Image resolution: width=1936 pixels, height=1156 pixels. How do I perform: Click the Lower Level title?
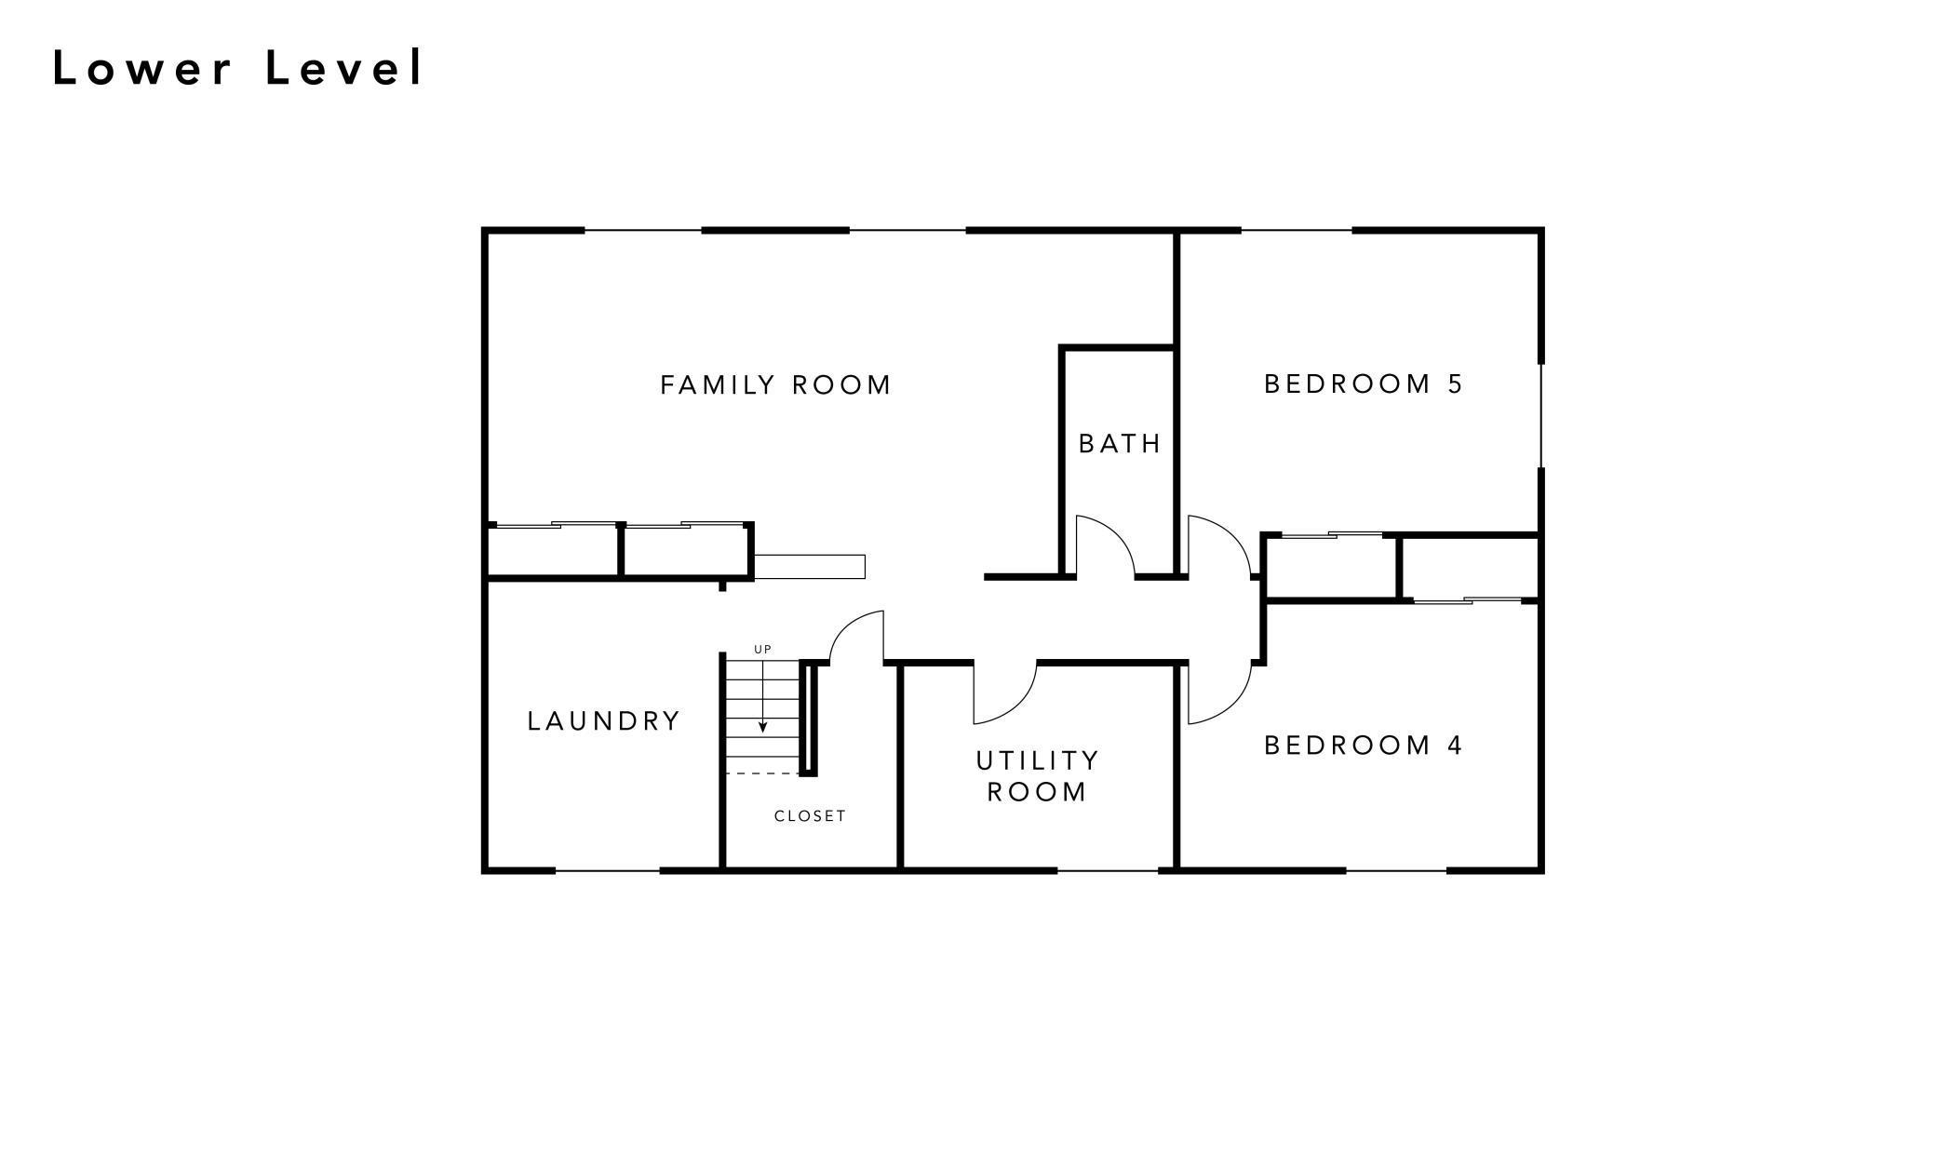tap(238, 69)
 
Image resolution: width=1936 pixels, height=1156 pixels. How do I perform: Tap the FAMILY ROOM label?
tap(775, 385)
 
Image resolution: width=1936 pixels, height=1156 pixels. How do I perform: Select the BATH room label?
tap(1120, 444)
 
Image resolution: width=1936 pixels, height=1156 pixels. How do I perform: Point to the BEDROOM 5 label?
tap(1364, 383)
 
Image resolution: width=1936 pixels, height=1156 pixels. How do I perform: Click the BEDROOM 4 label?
tap(1364, 745)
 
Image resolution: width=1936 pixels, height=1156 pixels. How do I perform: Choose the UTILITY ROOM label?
tap(1038, 776)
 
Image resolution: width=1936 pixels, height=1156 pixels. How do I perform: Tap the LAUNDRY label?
tap(604, 721)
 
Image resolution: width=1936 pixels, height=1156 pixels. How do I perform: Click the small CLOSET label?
tap(810, 816)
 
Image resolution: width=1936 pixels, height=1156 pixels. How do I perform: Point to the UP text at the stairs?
tap(762, 650)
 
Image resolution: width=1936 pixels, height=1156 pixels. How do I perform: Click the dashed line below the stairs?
tap(761, 773)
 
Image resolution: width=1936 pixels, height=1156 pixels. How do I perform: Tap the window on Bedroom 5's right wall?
tap(1540, 415)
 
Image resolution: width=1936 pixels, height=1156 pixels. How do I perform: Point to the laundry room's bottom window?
tap(607, 871)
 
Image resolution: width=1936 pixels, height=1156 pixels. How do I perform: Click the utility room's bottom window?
tap(1108, 871)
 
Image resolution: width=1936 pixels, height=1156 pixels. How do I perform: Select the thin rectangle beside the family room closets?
tap(809, 567)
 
